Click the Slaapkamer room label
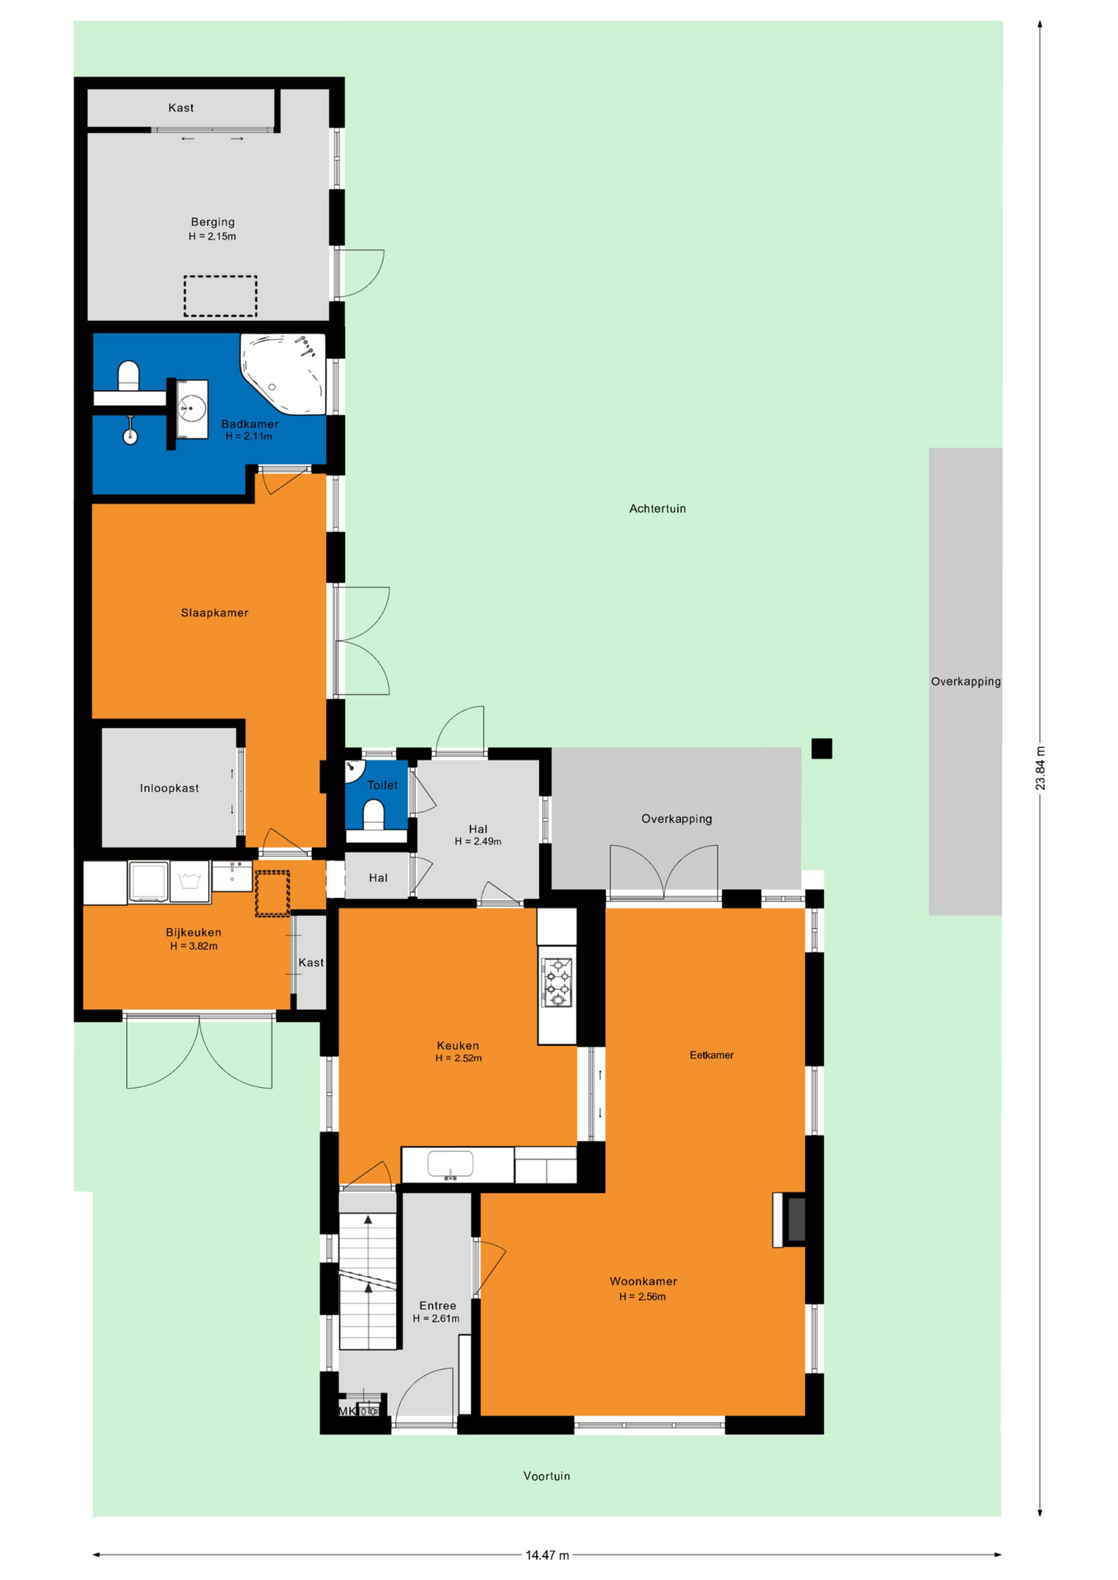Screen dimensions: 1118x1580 click(x=214, y=613)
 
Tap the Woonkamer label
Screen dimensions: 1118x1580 click(x=643, y=1281)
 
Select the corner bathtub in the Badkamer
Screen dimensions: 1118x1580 click(x=283, y=374)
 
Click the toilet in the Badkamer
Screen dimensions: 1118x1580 click(x=128, y=376)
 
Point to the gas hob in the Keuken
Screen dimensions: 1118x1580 click(x=557, y=982)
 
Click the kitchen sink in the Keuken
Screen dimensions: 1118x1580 click(x=450, y=1165)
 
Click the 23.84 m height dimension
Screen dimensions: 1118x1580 click(x=1040, y=768)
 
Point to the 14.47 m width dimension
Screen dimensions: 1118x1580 click(x=547, y=1554)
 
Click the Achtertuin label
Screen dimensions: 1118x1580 click(x=657, y=509)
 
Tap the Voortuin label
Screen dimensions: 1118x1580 click(x=547, y=1475)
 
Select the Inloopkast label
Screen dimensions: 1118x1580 click(x=170, y=788)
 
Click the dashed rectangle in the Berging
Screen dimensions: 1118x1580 click(x=220, y=295)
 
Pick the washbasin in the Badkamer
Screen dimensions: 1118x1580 click(x=192, y=408)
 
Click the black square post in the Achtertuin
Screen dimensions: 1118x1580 click(x=822, y=748)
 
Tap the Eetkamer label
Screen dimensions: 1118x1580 click(x=711, y=1055)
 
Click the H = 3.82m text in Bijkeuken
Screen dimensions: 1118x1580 click(x=193, y=946)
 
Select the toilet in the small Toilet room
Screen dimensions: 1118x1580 click(x=374, y=816)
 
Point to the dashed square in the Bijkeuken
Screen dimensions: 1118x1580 click(x=272, y=894)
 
